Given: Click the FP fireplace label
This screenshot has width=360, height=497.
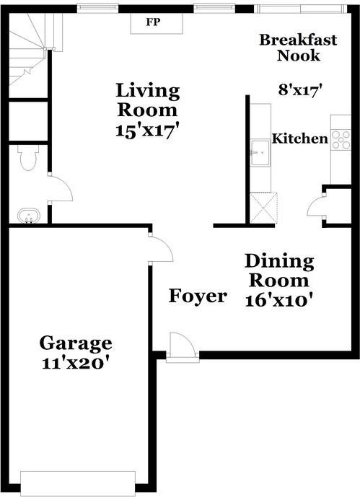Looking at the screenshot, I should [x=153, y=22].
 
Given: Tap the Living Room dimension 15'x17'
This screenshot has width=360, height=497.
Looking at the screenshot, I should [x=147, y=132].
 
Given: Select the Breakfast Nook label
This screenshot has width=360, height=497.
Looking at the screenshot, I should [x=298, y=48].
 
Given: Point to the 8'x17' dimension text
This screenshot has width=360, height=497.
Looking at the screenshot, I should [x=299, y=90].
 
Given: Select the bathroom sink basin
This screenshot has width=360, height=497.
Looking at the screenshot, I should [x=28, y=214].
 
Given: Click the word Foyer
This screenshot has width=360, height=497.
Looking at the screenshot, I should [x=198, y=296].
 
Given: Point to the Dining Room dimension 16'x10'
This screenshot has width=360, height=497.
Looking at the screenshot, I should [x=278, y=299].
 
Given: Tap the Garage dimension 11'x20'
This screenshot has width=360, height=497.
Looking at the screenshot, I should [x=75, y=363].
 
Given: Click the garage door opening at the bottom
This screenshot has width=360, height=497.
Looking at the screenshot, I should [x=78, y=483].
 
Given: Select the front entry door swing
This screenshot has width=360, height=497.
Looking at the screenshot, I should [x=183, y=346].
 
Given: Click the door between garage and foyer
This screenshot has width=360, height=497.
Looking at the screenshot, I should [x=161, y=249].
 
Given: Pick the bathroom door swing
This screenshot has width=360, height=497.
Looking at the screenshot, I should [x=61, y=188].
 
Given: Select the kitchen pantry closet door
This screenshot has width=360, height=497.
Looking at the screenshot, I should [x=317, y=206].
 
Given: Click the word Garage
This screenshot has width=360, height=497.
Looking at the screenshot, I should [x=75, y=343].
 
